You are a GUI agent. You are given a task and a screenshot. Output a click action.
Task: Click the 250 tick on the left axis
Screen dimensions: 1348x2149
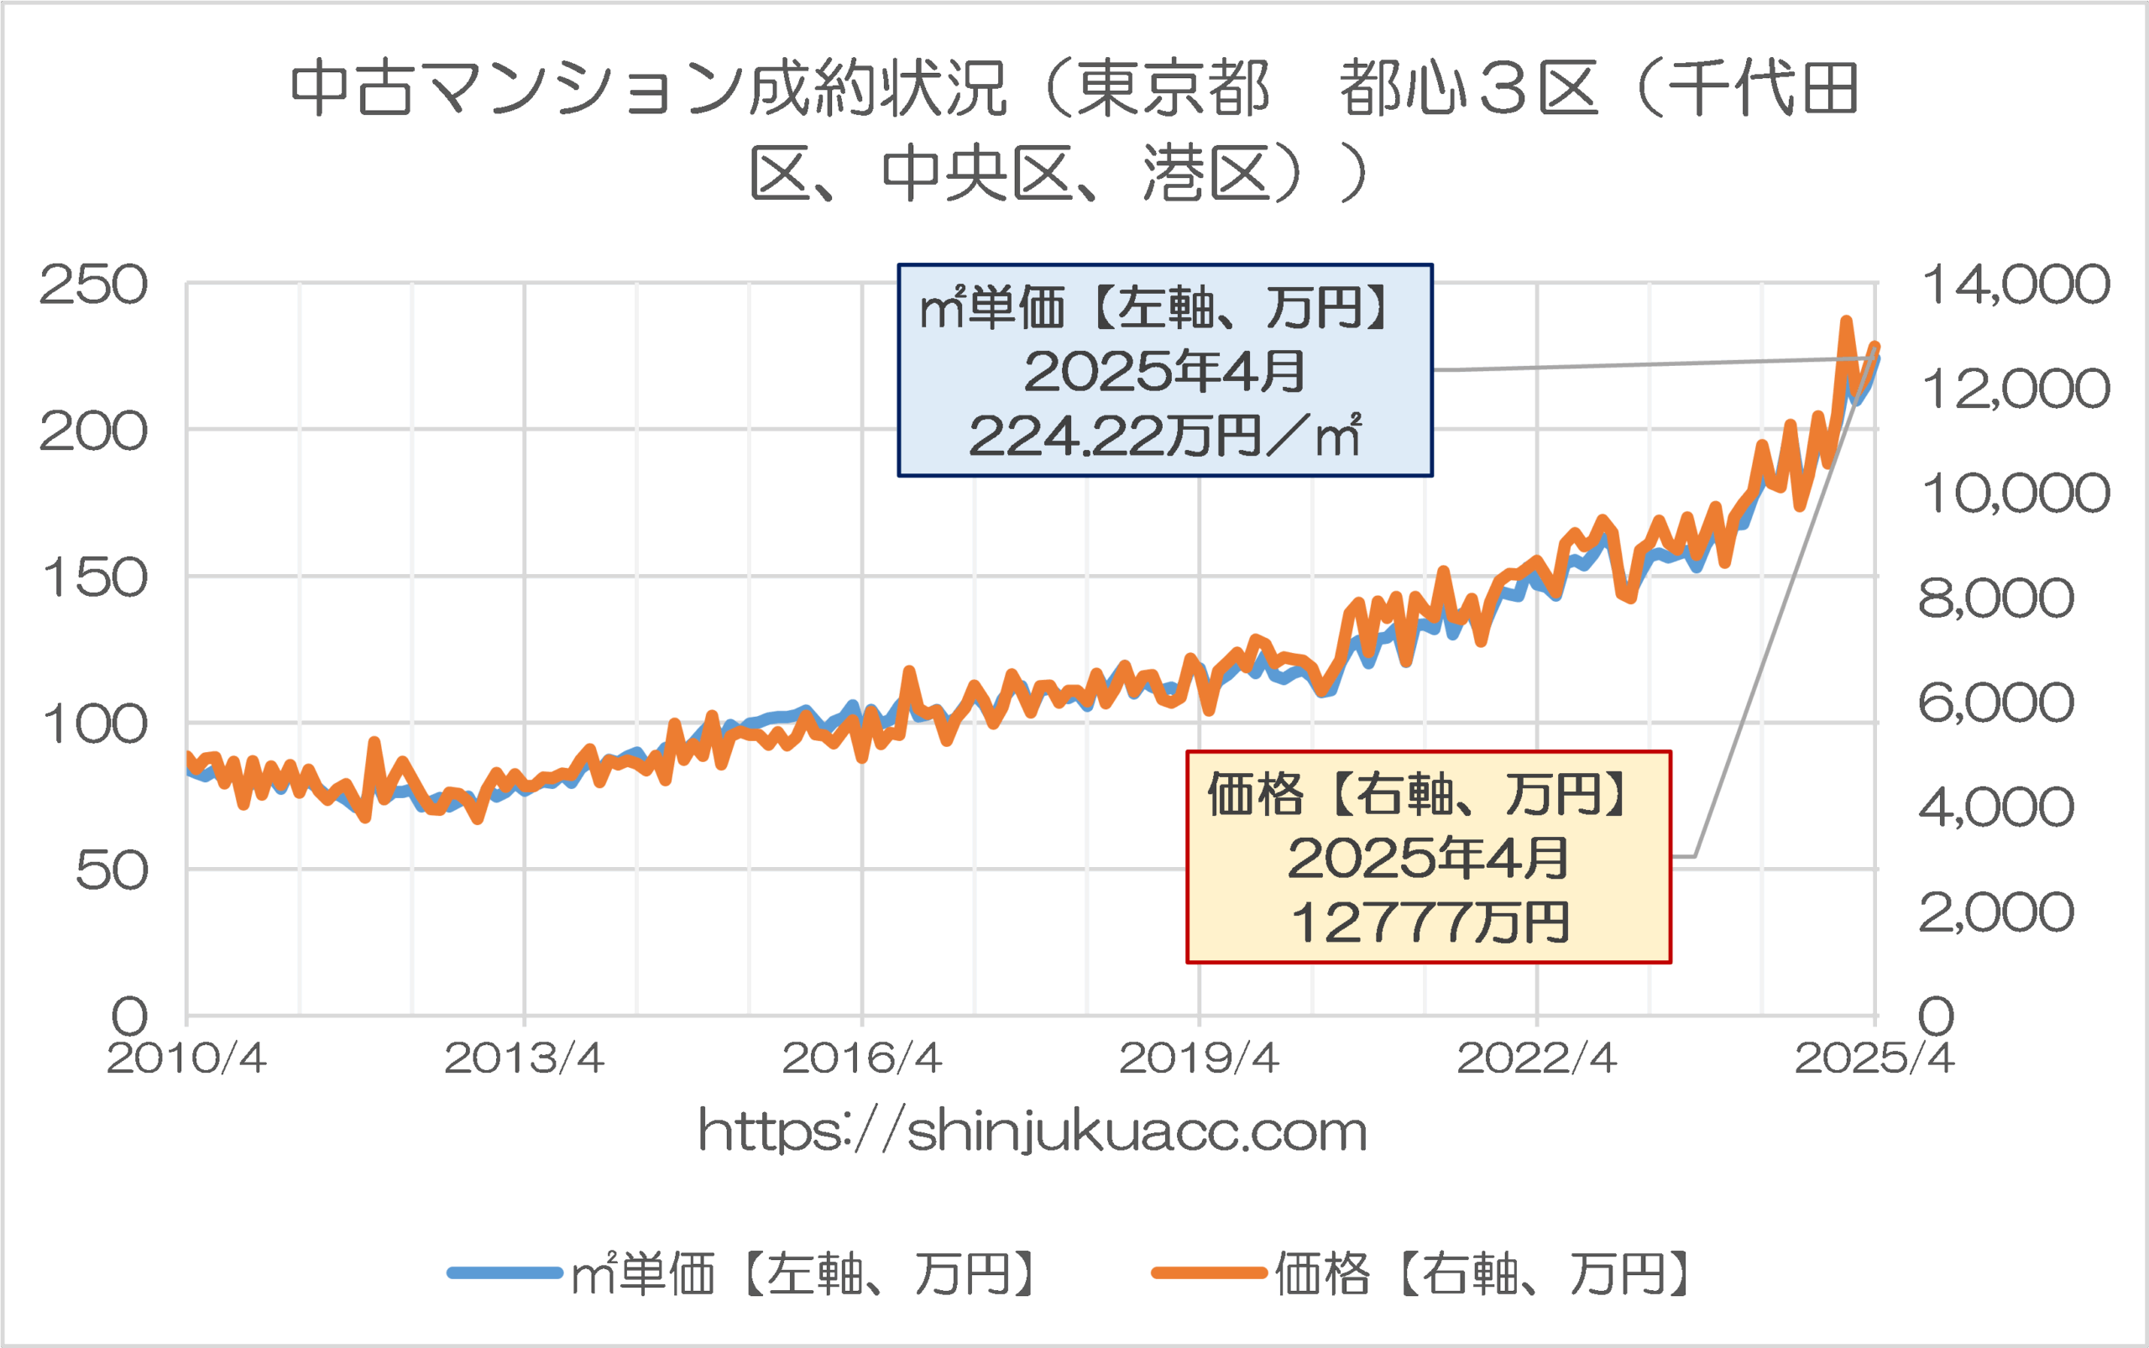coord(92,286)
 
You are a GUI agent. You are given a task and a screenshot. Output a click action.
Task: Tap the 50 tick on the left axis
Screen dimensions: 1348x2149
coord(111,871)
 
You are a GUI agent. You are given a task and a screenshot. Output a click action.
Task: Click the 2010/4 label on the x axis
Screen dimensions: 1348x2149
coord(186,1058)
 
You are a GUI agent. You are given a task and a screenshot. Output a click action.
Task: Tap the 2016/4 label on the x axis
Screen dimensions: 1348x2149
coord(861,1058)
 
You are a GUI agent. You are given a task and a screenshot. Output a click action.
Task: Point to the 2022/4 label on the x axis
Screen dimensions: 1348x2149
coord(1536,1058)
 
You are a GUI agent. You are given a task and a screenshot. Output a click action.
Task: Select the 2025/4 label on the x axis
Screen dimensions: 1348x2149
coord(1874,1058)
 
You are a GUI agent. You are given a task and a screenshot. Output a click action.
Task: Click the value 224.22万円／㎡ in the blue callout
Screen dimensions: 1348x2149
coord(1164,436)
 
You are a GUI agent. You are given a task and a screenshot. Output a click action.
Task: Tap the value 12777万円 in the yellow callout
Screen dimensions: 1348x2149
coord(1429,922)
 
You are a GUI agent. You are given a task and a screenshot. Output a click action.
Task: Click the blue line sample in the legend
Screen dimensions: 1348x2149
coord(505,1273)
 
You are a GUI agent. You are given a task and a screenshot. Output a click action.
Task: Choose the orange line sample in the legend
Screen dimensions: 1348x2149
coord(1208,1273)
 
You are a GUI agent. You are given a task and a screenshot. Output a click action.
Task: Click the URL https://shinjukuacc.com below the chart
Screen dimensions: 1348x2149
coord(1033,1131)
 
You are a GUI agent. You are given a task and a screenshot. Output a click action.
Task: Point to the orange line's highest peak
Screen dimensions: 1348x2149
coord(1846,321)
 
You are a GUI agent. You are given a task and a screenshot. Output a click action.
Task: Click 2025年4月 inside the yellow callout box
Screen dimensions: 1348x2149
coord(1429,858)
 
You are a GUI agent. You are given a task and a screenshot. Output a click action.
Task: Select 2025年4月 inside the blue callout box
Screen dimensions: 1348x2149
coord(1164,371)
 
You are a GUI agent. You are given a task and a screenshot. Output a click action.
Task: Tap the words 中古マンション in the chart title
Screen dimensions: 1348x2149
coord(517,89)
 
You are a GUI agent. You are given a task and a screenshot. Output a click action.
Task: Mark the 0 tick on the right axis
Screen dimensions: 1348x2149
coord(1936,1016)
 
